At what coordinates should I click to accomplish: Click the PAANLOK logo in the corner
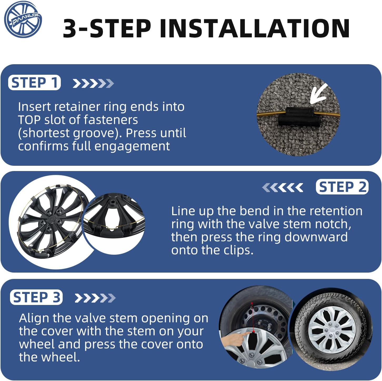(x=23, y=19)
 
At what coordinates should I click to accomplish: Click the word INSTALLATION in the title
(x=255, y=28)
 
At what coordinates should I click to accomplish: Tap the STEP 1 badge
(x=34, y=83)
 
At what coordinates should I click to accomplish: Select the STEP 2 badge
(x=342, y=187)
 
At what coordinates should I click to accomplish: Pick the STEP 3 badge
(x=36, y=297)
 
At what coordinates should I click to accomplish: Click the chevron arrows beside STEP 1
(x=93, y=83)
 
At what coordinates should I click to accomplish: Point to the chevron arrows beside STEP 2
(x=282, y=187)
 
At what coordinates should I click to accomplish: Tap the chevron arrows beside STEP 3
(x=95, y=298)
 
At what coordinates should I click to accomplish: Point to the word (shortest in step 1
(x=44, y=133)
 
